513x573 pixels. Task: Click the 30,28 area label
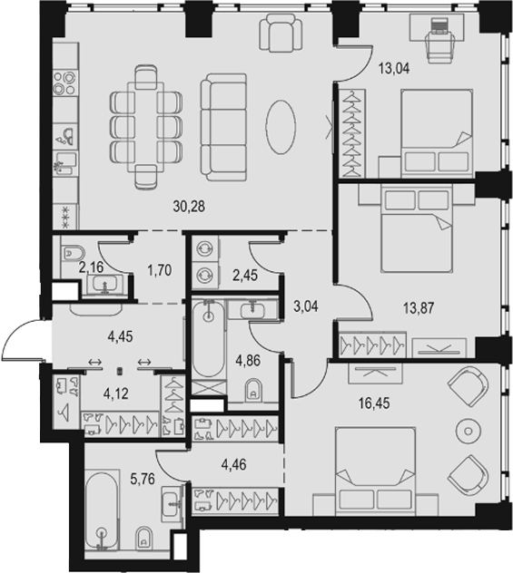[x=189, y=207]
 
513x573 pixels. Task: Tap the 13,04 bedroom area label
[x=394, y=68]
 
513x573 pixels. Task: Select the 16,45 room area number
[x=374, y=403]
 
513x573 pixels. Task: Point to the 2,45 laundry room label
[x=245, y=276]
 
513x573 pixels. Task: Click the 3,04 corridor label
[x=306, y=306]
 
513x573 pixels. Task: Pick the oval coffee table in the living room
[x=281, y=127]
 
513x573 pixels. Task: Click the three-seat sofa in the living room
[x=223, y=127]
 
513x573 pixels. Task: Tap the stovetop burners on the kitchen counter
[x=64, y=83]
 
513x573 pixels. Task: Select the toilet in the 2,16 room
[x=73, y=252]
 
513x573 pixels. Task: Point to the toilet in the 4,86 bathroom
[x=253, y=390]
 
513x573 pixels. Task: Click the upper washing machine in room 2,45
[x=203, y=248]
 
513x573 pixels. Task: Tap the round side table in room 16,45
[x=468, y=432]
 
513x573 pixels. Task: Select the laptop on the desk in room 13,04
[x=439, y=26]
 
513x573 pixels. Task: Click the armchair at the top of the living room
[x=281, y=33]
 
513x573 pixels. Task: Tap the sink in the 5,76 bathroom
[x=171, y=504]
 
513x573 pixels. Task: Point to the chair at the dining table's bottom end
[x=145, y=177]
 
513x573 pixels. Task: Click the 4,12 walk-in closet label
[x=115, y=393]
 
